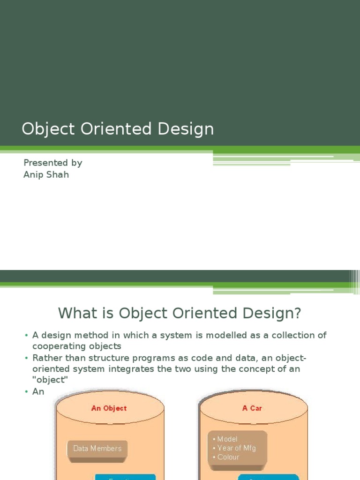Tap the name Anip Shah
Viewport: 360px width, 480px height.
click(x=46, y=175)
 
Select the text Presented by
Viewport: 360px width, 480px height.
click(x=52, y=163)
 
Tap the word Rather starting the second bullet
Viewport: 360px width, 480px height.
click(x=46, y=358)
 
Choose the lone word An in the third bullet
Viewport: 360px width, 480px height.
click(x=38, y=391)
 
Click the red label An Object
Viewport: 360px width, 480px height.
click(x=109, y=408)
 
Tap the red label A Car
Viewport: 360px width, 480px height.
click(x=252, y=408)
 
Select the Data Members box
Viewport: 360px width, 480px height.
click(x=97, y=449)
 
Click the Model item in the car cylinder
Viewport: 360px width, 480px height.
click(x=227, y=439)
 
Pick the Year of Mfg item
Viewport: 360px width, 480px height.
click(x=236, y=448)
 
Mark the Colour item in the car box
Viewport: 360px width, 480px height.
click(x=228, y=457)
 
